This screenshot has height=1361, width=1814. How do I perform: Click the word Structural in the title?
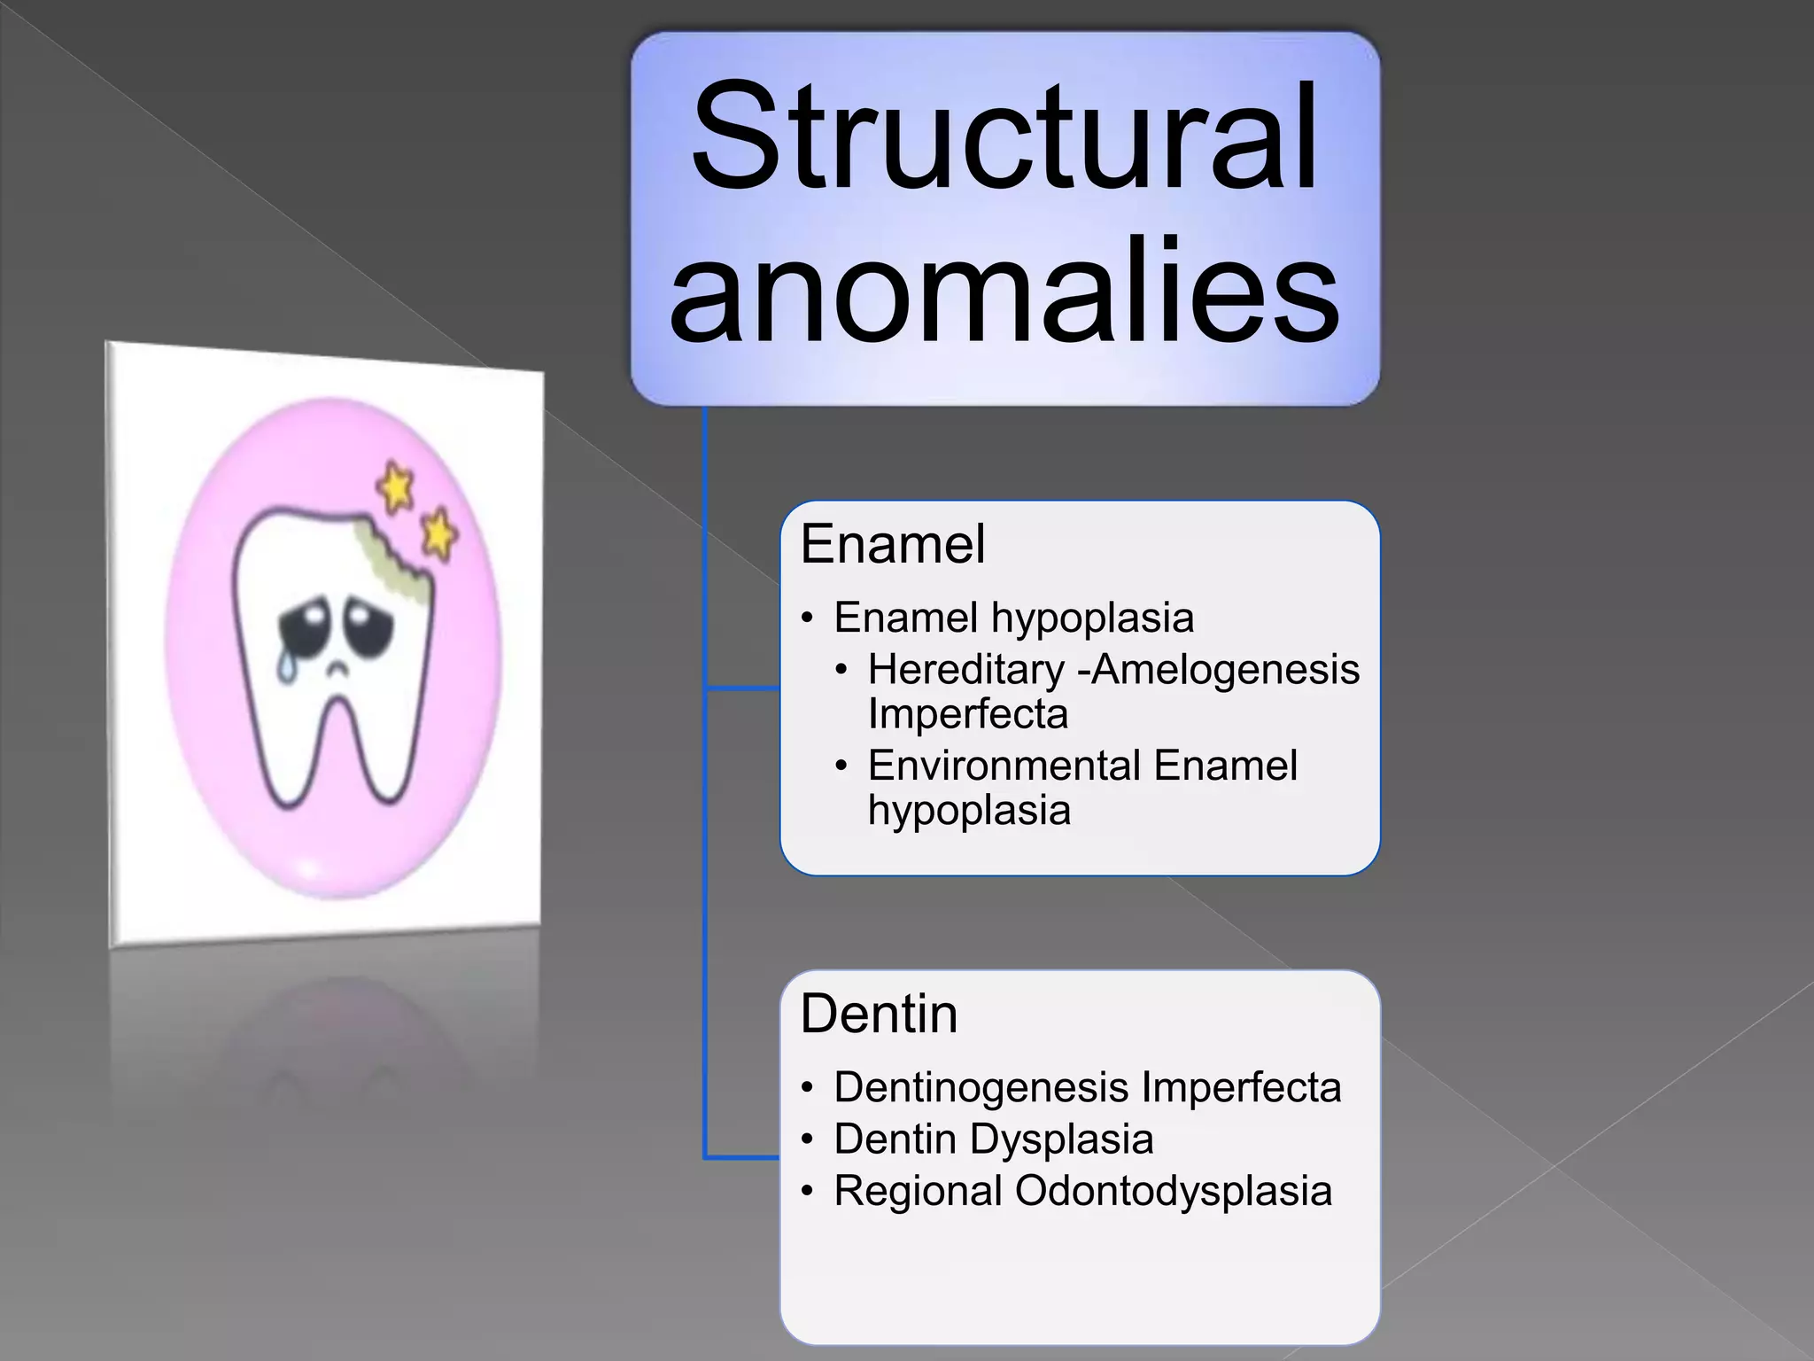click(x=1004, y=137)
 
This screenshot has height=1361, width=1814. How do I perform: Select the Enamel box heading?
click(x=892, y=544)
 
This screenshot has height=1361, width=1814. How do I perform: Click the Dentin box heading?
click(x=879, y=1014)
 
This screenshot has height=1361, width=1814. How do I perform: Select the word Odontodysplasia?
click(x=1173, y=1191)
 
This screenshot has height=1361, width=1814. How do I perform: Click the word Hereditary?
click(x=965, y=669)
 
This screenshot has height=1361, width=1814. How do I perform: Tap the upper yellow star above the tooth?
click(x=395, y=486)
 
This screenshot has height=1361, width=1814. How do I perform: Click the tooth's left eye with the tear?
click(x=301, y=625)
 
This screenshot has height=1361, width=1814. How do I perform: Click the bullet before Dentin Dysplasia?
click(x=805, y=1140)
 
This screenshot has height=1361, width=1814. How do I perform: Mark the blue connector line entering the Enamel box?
click(x=742, y=688)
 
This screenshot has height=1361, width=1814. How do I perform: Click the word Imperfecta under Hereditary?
click(x=967, y=714)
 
